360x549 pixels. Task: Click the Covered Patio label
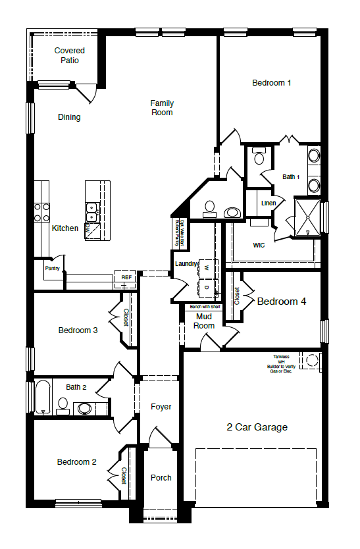[x=69, y=55]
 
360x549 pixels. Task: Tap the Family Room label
[x=162, y=108]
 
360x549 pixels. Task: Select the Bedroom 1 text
[x=271, y=83]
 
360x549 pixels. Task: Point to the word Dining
[x=69, y=117]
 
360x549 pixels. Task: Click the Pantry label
[x=53, y=269]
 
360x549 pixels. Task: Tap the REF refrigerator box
[x=126, y=277]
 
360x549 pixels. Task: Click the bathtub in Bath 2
[x=43, y=398]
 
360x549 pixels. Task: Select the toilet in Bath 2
[x=63, y=404]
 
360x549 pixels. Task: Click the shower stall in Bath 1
[x=306, y=217]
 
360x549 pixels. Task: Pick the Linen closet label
[x=269, y=203]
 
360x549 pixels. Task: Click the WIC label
[x=259, y=246]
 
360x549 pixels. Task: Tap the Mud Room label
[x=204, y=321]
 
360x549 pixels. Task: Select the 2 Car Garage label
[x=257, y=427]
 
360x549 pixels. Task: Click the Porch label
[x=161, y=478]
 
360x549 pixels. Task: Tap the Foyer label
[x=161, y=407]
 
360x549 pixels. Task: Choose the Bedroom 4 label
[x=281, y=301]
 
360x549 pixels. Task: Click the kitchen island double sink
[x=92, y=211]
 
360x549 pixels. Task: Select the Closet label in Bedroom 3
[x=125, y=317]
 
